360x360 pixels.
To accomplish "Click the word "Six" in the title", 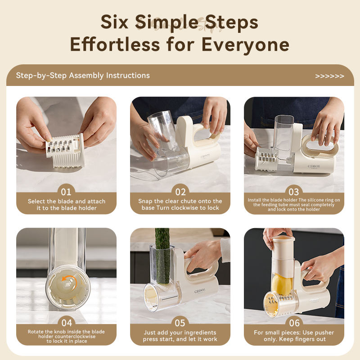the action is pyautogui.click(x=114, y=22).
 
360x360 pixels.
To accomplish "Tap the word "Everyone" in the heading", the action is pyautogui.click(x=245, y=45).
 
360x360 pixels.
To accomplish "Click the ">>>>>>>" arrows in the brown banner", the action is pyautogui.click(x=329, y=76).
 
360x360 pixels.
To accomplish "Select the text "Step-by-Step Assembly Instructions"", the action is pyautogui.click(x=83, y=76).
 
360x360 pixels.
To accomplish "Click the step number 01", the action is pyautogui.click(x=66, y=192).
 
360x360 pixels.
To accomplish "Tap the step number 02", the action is pyautogui.click(x=180, y=192).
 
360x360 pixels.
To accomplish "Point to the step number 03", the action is pyautogui.click(x=294, y=192).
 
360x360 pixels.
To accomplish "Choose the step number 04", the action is pyautogui.click(x=67, y=323).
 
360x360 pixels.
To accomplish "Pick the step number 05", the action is pyautogui.click(x=180, y=323).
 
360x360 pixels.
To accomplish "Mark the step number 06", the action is pyautogui.click(x=294, y=323).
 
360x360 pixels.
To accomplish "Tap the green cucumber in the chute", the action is pyautogui.click(x=162, y=255).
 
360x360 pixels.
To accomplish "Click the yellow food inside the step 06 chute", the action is pyautogui.click(x=282, y=284).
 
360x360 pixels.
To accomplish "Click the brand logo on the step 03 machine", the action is pyautogui.click(x=314, y=166).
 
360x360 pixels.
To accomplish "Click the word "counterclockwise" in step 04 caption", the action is pyautogui.click(x=67, y=337).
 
